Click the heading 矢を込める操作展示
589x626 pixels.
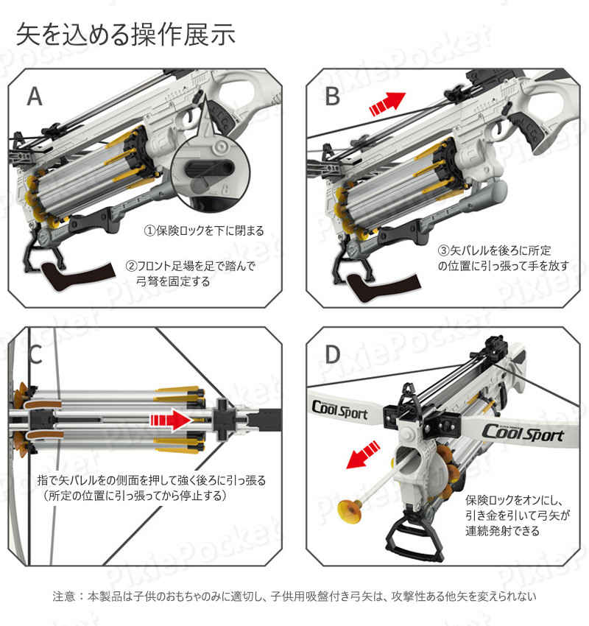pos(125,35)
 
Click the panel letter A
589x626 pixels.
pos(35,96)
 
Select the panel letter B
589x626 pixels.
pos(332,96)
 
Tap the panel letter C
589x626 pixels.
pos(35,354)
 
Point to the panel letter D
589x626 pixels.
pos(332,354)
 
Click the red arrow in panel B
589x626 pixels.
pos(387,104)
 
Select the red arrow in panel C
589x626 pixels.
pos(172,420)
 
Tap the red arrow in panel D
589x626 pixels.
pos(363,454)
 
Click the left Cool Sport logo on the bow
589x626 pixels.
pos(339,409)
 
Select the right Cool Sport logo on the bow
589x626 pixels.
pos(523,433)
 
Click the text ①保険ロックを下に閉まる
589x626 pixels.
pos(204,231)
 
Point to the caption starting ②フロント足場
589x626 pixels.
pos(191,273)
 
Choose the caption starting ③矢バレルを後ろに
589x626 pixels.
pos(503,258)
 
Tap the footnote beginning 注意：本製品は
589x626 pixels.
pos(294,597)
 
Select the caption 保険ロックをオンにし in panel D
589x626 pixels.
pos(517,516)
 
